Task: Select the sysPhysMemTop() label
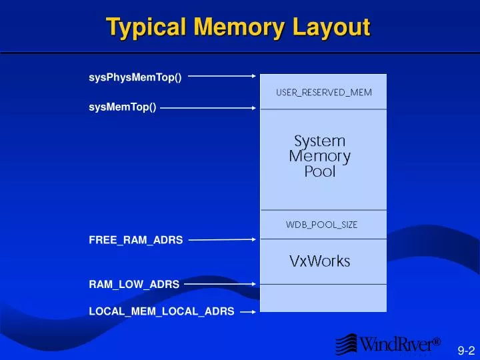coord(135,78)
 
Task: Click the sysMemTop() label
coord(123,107)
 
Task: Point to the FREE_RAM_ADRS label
coord(135,240)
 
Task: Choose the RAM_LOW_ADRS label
coord(134,285)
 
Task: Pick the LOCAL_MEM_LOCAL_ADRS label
coord(161,312)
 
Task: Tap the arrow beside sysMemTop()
coord(207,106)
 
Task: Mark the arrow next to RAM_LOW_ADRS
coord(219,283)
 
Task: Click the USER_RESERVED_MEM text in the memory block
coord(324,93)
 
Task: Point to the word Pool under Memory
coord(320,172)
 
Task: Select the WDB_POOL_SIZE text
coord(321,225)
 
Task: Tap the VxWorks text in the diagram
coord(319,261)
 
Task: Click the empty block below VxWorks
coord(323,298)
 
